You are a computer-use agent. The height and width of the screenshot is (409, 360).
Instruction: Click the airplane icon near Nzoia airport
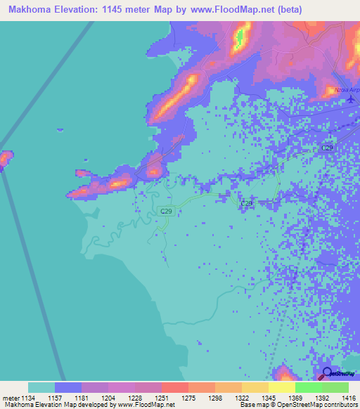[x=351, y=99]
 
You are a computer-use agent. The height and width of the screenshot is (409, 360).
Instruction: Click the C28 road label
[x=246, y=203]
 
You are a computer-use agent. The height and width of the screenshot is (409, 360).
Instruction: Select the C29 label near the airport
[x=328, y=148]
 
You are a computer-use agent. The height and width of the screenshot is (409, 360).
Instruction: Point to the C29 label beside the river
[x=166, y=211]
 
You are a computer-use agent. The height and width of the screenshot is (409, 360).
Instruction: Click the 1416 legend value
[x=349, y=397]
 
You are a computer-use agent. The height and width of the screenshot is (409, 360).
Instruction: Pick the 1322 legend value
[x=241, y=397]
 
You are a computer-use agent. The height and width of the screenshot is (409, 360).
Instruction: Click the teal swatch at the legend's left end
[x=41, y=387]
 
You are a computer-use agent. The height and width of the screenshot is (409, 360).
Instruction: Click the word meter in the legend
[x=11, y=397]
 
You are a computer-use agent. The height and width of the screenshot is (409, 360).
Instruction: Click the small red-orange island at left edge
[x=5, y=159]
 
